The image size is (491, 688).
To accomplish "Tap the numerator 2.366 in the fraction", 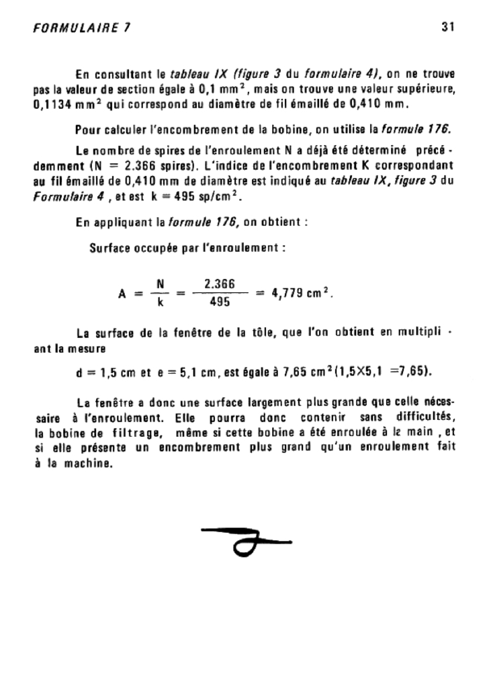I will tap(219, 285).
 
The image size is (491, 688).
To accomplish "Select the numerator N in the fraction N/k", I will tap(160, 285).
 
